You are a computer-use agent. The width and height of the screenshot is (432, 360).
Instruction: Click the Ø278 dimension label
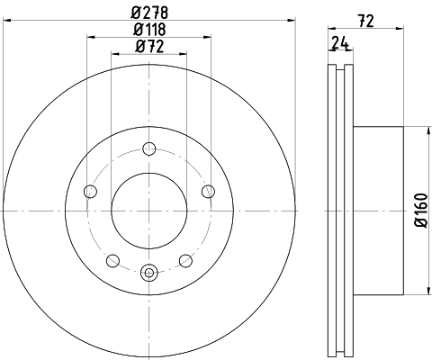coord(149,13)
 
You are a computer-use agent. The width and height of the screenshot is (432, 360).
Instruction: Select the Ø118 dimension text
coord(149,29)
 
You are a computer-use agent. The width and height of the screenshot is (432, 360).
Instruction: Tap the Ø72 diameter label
coord(149,47)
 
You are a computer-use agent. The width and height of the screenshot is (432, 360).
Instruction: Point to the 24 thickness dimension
coord(340,43)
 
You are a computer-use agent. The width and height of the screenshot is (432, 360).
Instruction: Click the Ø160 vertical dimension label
coord(420,210)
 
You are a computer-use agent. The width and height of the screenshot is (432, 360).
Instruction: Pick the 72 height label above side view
coord(366,21)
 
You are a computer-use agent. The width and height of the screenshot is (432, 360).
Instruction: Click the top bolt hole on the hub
coord(149,148)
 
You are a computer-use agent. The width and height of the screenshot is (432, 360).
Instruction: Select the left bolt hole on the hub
coord(90,192)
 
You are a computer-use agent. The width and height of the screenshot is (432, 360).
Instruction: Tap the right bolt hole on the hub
coord(208,192)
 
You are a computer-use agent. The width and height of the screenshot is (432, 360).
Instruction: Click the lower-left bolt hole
coord(112,260)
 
